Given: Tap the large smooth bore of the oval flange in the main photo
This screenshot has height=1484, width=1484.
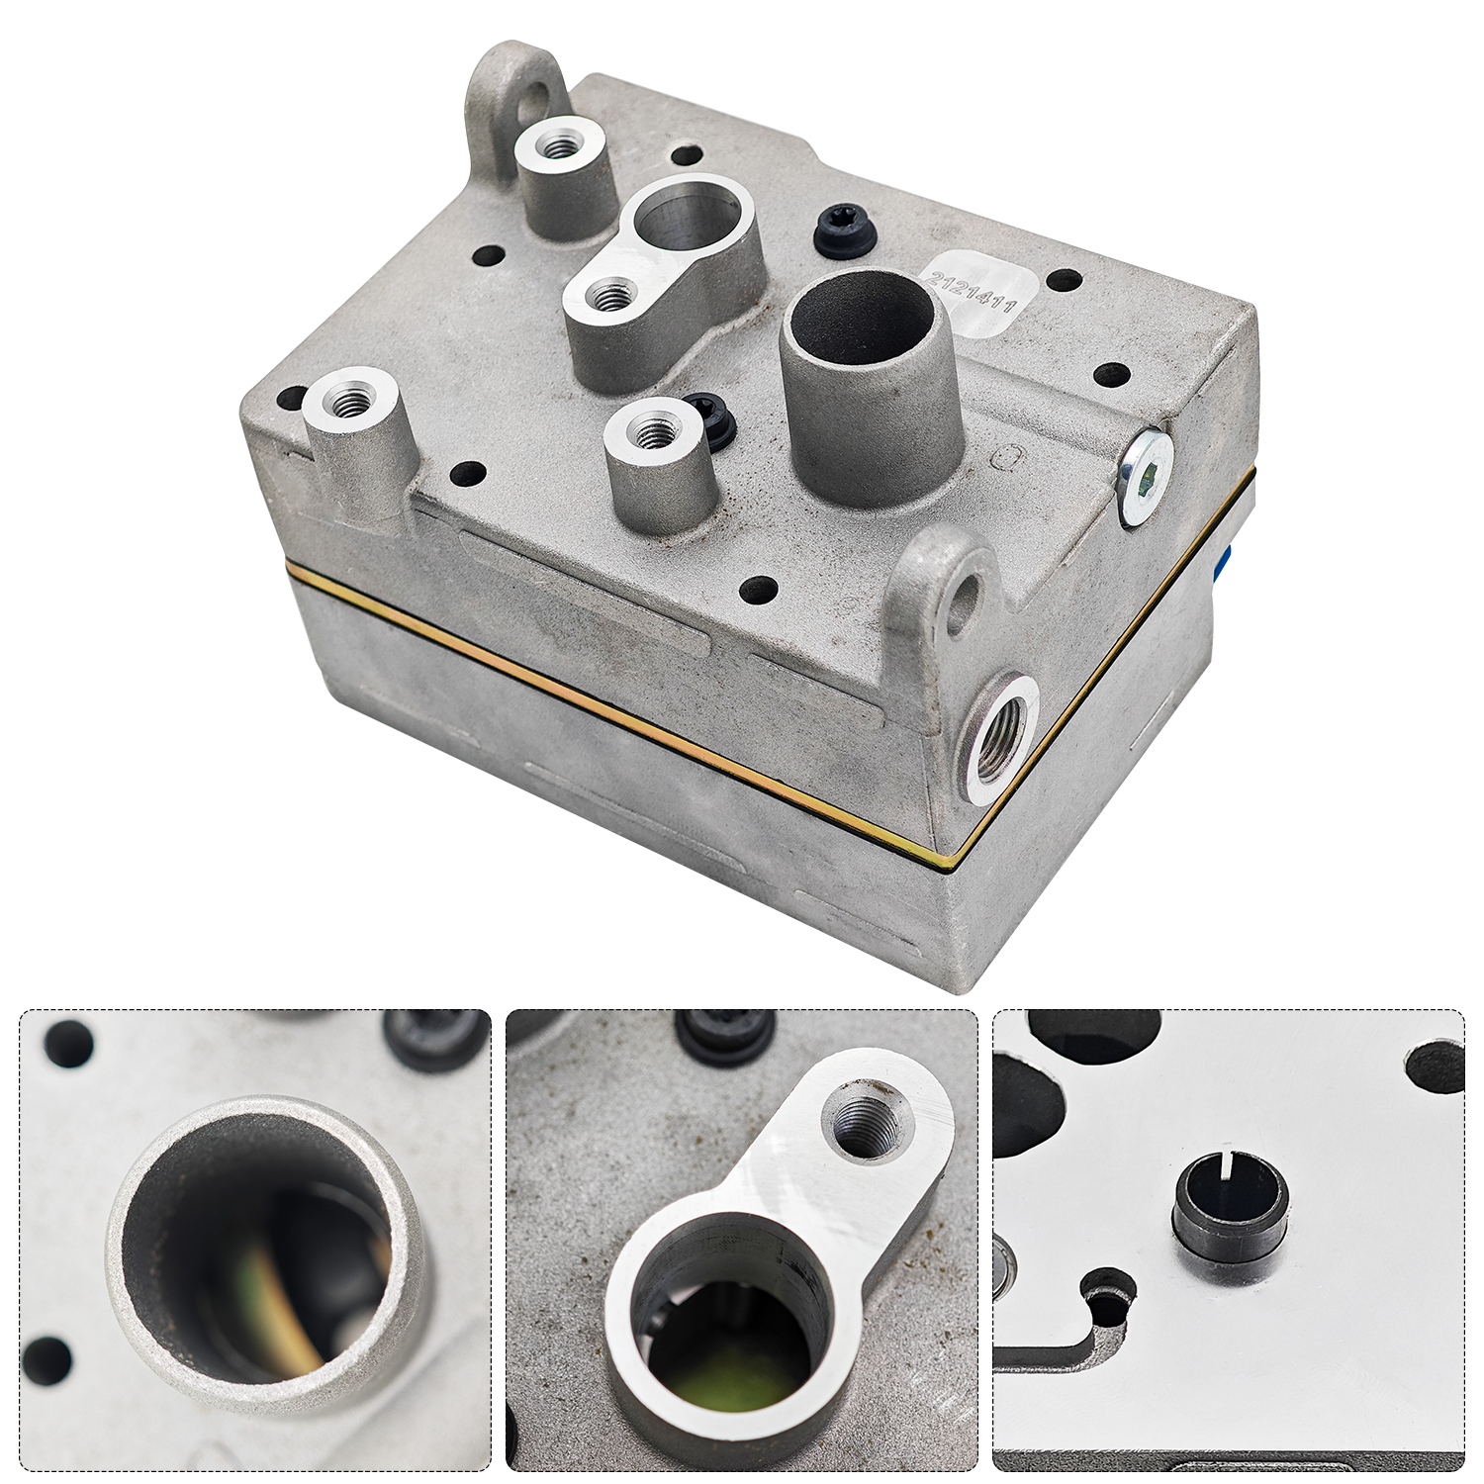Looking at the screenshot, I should click(683, 218).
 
